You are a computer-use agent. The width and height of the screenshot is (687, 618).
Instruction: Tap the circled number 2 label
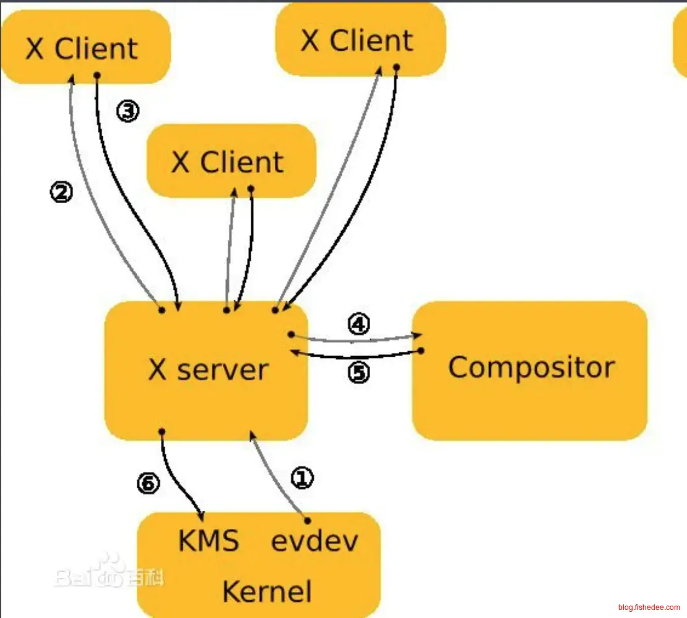(61, 193)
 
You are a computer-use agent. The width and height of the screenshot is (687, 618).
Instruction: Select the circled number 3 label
(127, 111)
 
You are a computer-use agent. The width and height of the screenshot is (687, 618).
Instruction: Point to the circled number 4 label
(359, 324)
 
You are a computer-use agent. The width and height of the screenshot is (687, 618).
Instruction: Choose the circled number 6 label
(148, 484)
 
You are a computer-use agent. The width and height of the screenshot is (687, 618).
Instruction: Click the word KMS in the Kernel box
(209, 541)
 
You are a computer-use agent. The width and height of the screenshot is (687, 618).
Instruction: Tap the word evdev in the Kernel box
(314, 541)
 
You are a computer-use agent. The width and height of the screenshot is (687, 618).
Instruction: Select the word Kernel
(267, 591)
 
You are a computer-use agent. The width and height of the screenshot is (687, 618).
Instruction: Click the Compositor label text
(531, 367)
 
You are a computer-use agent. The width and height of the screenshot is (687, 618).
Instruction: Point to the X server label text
(209, 370)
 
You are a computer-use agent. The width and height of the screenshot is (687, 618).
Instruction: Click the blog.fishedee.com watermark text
(647, 607)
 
